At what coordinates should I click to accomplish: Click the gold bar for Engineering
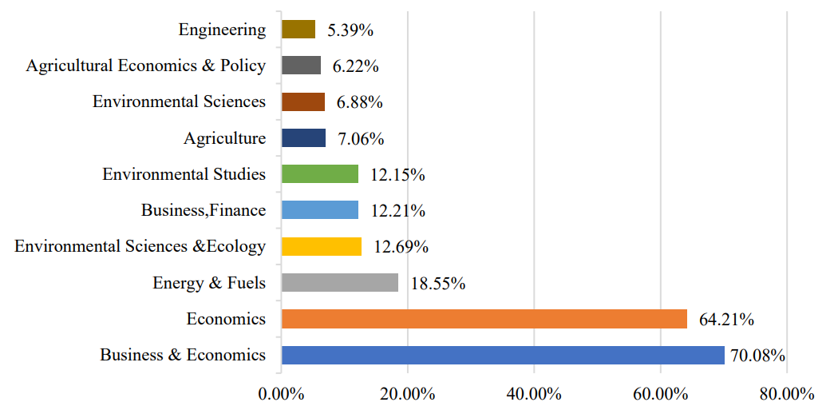click(298, 30)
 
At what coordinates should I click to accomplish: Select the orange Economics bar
click(484, 319)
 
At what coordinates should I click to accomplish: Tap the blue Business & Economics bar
click(503, 355)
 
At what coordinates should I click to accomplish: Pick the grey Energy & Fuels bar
click(339, 282)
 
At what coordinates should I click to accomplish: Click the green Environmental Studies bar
click(319, 174)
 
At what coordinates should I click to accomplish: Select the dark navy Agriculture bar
click(303, 138)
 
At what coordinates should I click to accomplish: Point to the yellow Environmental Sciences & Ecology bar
click(321, 246)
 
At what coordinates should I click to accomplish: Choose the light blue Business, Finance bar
click(319, 210)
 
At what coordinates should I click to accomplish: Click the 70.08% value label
click(757, 356)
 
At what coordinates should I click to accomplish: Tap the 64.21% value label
click(726, 320)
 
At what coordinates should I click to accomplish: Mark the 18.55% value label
click(437, 283)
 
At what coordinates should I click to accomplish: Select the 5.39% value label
click(350, 30)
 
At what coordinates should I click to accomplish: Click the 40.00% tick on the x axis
click(534, 394)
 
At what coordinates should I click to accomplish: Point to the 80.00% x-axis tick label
click(787, 394)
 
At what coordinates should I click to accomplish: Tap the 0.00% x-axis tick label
click(281, 394)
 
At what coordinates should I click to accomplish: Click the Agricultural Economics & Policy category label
click(145, 66)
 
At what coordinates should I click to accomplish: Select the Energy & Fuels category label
click(209, 282)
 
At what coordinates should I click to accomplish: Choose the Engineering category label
click(222, 30)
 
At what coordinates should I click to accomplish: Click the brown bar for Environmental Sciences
click(303, 102)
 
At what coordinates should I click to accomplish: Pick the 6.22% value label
click(355, 66)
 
